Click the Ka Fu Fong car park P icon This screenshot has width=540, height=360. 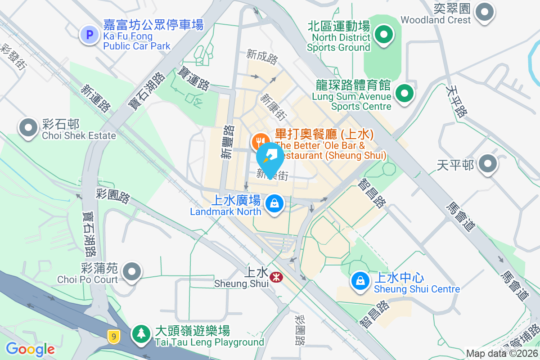(90, 35)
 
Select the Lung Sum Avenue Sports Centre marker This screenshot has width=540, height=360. (404, 94)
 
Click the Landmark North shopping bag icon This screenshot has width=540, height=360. (274, 203)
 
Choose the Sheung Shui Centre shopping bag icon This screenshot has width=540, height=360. (360, 281)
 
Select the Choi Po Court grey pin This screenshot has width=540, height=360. (132, 271)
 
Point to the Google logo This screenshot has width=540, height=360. (30, 349)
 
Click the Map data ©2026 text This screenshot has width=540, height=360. (501, 354)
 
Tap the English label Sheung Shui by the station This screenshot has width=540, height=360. (237, 284)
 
